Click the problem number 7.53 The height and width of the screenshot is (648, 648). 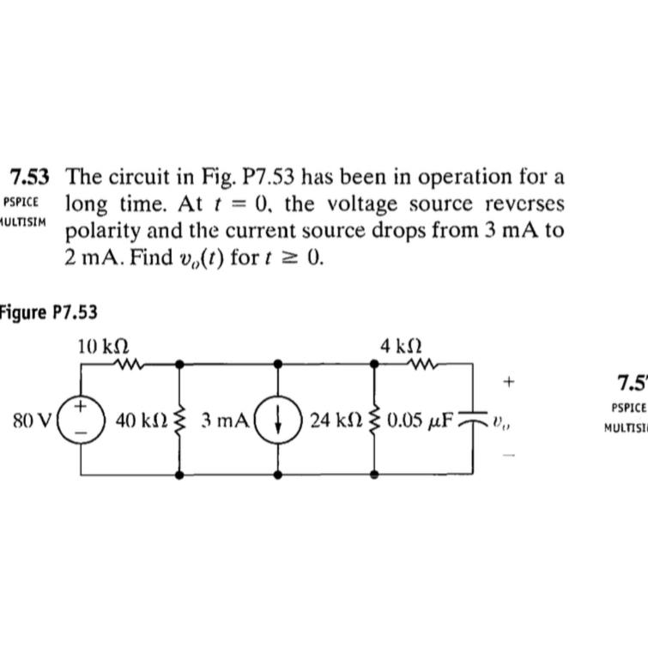29,178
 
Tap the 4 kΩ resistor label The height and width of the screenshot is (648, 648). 400,346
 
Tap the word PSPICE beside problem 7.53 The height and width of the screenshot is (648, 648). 21,203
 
